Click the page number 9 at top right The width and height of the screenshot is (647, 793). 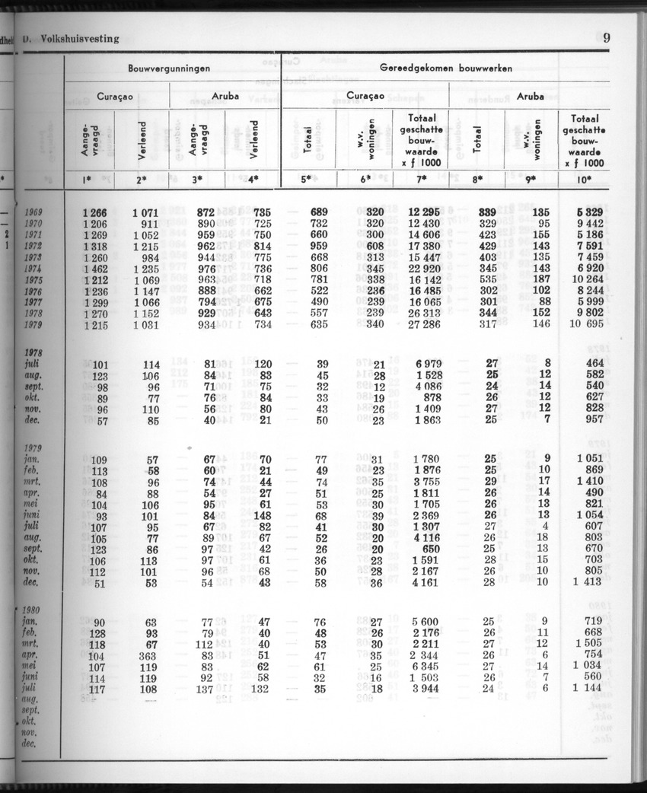[606, 38]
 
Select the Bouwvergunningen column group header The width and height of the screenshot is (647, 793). [169, 68]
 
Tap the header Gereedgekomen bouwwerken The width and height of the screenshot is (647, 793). [446, 68]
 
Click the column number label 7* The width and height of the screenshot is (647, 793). [420, 180]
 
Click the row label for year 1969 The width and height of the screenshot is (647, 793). [32, 212]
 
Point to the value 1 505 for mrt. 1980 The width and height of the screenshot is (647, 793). [586, 643]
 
